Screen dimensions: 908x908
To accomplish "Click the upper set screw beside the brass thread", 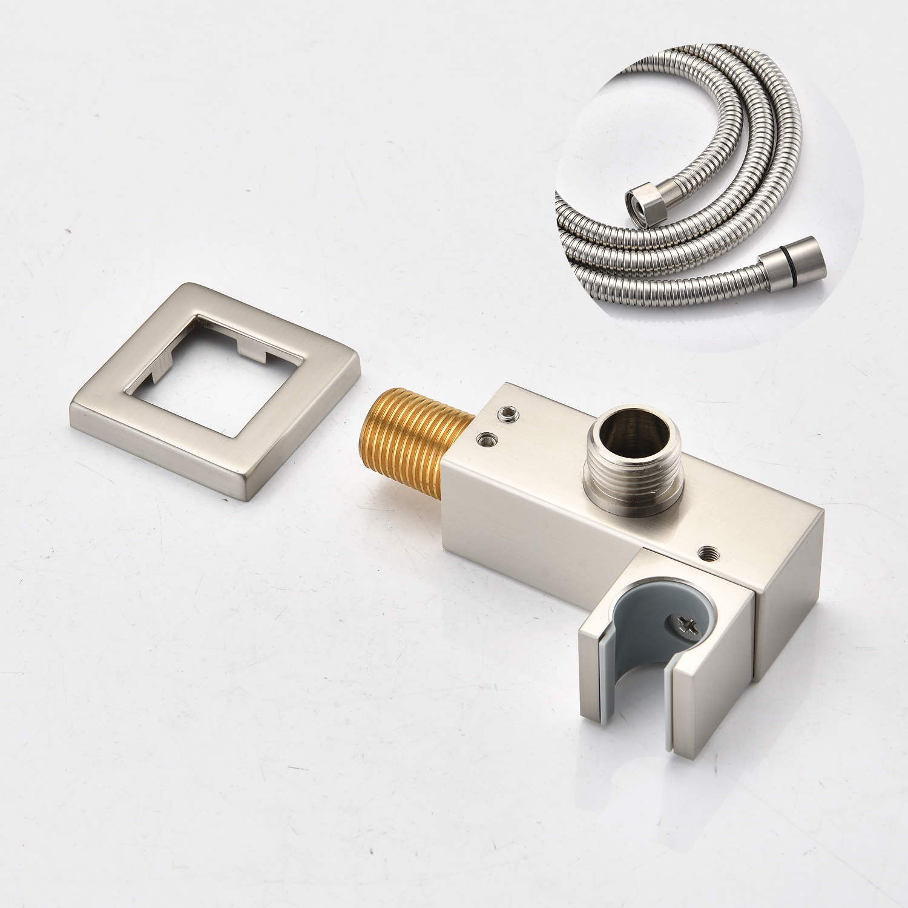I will pos(506,413).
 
